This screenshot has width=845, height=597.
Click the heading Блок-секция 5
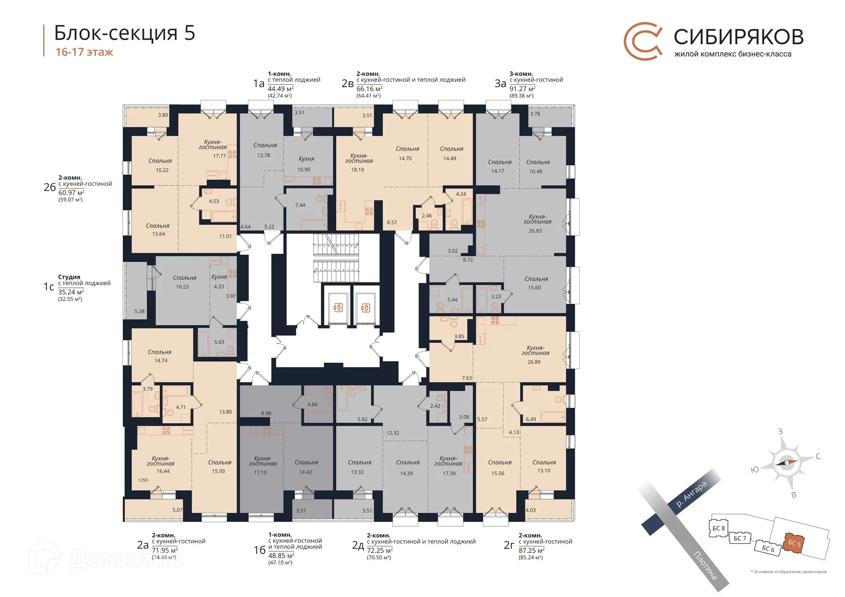[125, 33]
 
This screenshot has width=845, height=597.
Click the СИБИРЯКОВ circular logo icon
[643, 41]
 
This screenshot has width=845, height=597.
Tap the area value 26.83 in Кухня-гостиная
[535, 231]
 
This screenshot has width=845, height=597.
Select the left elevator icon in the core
[338, 308]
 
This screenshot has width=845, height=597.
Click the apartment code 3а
[500, 84]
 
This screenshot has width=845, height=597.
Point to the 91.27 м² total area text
[522, 89]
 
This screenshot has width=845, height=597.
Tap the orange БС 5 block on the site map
[794, 543]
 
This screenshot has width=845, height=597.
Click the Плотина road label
[705, 565]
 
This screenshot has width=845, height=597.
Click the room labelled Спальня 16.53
[183, 282]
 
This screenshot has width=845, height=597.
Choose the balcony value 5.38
[140, 311]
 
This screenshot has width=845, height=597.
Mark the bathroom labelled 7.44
[300, 205]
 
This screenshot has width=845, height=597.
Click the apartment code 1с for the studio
[49, 287]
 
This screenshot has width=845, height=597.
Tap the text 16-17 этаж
[84, 52]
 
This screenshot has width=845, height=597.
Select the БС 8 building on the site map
[719, 528]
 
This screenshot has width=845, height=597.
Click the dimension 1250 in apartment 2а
[143, 480]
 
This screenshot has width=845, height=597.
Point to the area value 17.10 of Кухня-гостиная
[260, 472]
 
